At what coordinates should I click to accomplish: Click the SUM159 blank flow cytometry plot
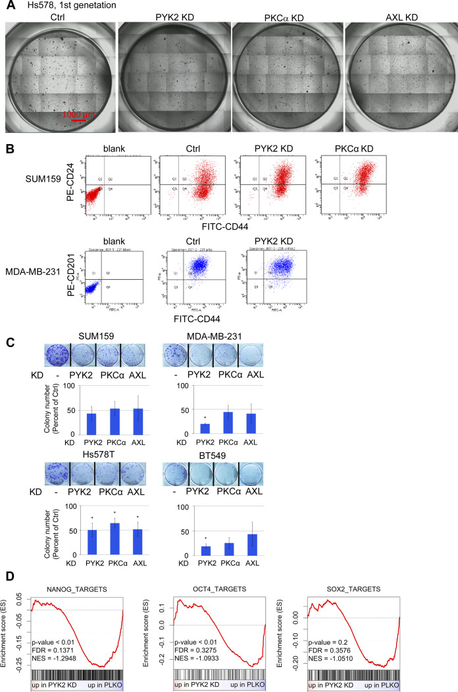tap(116, 187)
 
